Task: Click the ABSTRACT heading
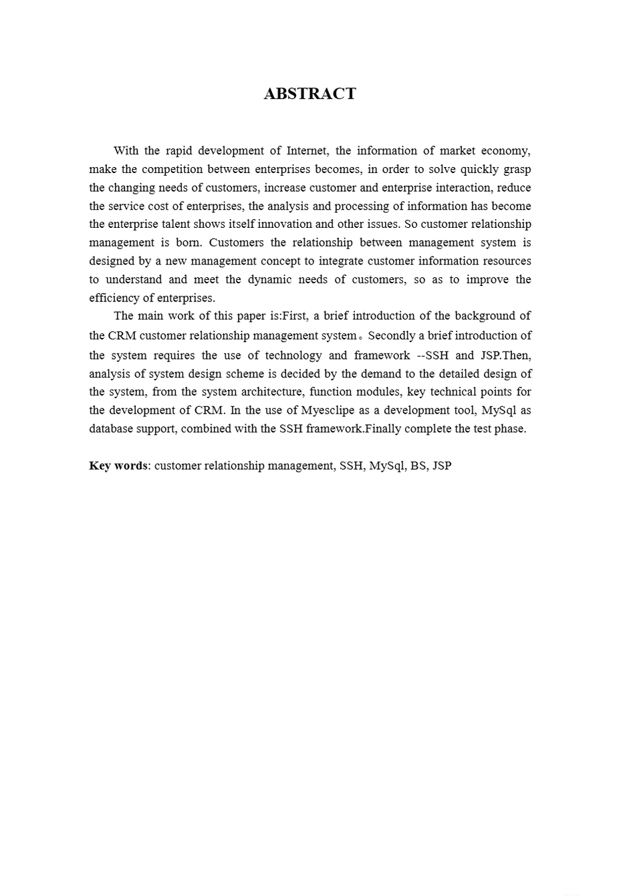pyautogui.click(x=309, y=94)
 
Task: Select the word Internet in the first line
pyautogui.click(x=306, y=151)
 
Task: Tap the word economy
pyautogui.click(x=506, y=151)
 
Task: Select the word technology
pyautogui.click(x=293, y=355)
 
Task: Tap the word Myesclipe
pyautogui.click(x=332, y=410)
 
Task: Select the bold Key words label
pyautogui.click(x=118, y=466)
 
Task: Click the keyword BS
pyautogui.click(x=418, y=466)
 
